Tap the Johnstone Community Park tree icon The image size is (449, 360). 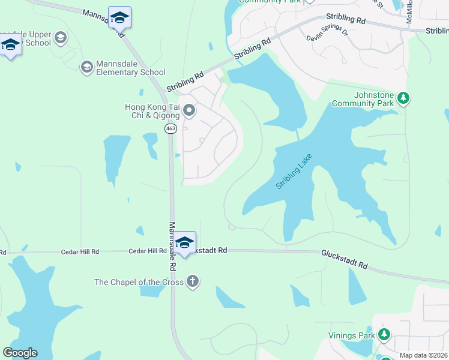pos(404,98)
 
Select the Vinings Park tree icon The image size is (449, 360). pos(384,335)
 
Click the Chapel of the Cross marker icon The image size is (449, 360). pos(192,281)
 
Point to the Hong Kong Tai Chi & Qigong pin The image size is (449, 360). pos(190,110)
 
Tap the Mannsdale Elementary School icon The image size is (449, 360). pos(87,67)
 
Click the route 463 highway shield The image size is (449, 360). pos(170,128)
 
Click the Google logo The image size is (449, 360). pos(20,353)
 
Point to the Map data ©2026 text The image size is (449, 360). pos(423,355)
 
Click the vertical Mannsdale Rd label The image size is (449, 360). pos(172,245)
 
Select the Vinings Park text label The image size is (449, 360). pos(351,335)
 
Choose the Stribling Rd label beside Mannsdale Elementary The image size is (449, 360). pos(185,82)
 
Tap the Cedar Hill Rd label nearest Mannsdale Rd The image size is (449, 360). pos(147,251)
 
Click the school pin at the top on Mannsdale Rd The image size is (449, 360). pos(119,18)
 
